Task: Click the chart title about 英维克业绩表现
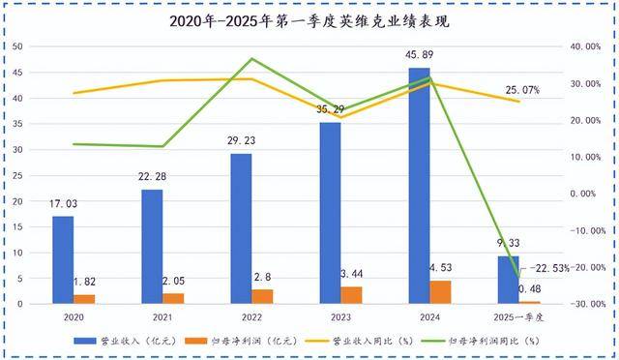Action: coord(309,19)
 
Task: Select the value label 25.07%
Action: coord(522,90)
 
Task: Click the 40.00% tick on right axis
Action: coord(582,46)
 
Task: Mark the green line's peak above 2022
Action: coord(251,59)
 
